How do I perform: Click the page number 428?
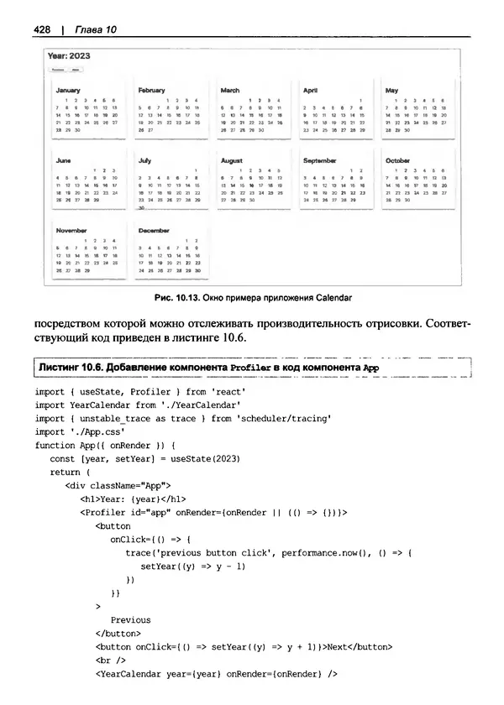pyautogui.click(x=42, y=29)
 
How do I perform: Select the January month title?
pyautogui.click(x=66, y=90)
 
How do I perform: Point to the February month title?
pyautogui.click(x=151, y=90)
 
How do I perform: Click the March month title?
pyautogui.click(x=229, y=90)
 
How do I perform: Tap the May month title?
pyautogui.click(x=391, y=90)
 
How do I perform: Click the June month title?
pyautogui.click(x=63, y=159)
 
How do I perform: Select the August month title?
pyautogui.click(x=231, y=159)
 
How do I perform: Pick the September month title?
pyautogui.click(x=319, y=159)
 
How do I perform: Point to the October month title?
pyautogui.click(x=397, y=159)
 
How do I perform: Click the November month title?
pyautogui.click(x=71, y=229)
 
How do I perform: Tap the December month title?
pyautogui.click(x=154, y=229)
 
